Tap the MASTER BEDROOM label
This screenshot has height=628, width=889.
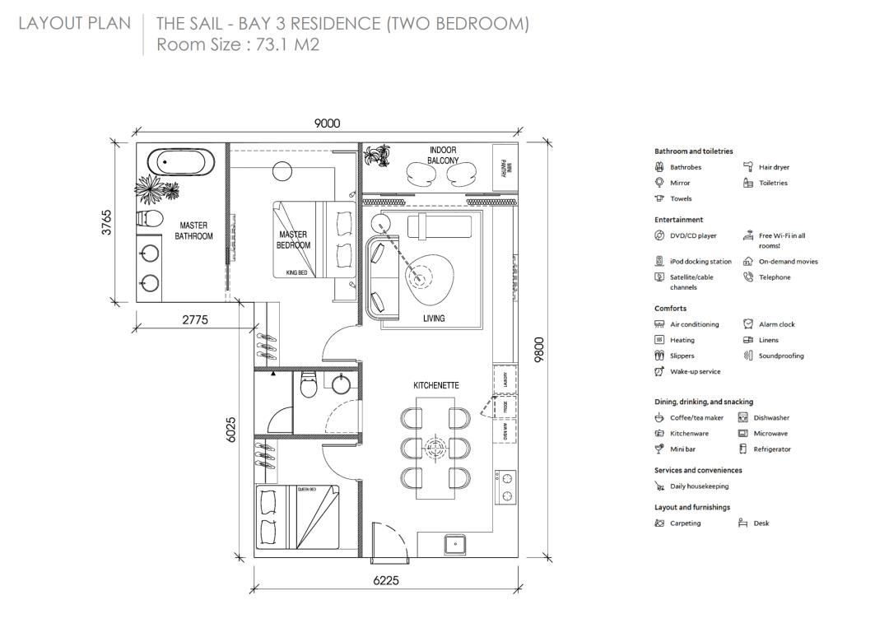click(293, 240)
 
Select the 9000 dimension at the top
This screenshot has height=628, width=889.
click(327, 123)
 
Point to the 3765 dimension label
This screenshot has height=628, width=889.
click(107, 222)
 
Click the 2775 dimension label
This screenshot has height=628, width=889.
click(195, 320)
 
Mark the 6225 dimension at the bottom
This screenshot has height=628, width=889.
click(385, 580)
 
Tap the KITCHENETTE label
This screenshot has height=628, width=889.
click(436, 385)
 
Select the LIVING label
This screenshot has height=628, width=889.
click(434, 319)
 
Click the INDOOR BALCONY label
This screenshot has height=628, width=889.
click(443, 156)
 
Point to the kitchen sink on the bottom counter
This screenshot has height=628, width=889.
click(453, 544)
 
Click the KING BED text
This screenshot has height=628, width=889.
click(297, 272)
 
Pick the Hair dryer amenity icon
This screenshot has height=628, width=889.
click(748, 167)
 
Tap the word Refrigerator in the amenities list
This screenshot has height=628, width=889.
click(772, 449)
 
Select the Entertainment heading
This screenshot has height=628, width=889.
click(678, 220)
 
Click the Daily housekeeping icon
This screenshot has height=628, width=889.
click(659, 486)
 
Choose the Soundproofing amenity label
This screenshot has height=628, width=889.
click(781, 356)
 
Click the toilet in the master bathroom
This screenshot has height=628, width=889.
click(149, 218)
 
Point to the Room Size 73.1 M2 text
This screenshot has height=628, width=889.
click(238, 44)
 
